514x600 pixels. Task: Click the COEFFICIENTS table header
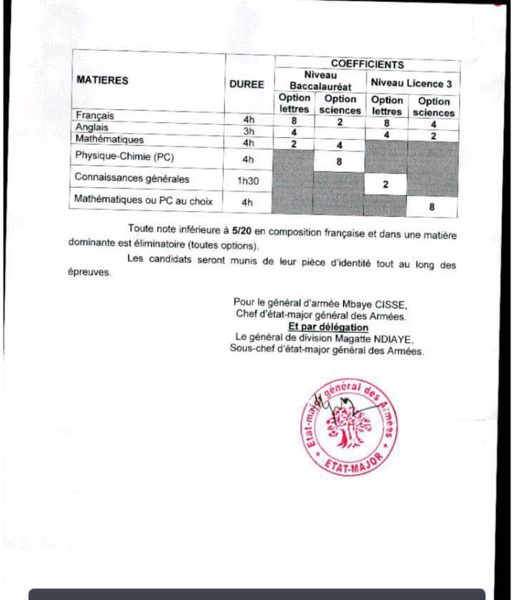click(367, 64)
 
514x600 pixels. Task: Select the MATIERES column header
click(102, 81)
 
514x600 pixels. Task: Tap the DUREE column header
click(246, 84)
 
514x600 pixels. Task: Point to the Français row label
click(95, 116)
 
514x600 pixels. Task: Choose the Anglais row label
click(92, 127)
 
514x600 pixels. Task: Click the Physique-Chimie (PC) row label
click(124, 156)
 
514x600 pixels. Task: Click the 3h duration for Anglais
click(248, 131)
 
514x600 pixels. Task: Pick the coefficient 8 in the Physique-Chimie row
click(339, 161)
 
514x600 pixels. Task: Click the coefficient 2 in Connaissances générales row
click(385, 184)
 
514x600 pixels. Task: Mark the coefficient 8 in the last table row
click(431, 206)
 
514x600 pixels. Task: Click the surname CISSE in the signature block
click(390, 303)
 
